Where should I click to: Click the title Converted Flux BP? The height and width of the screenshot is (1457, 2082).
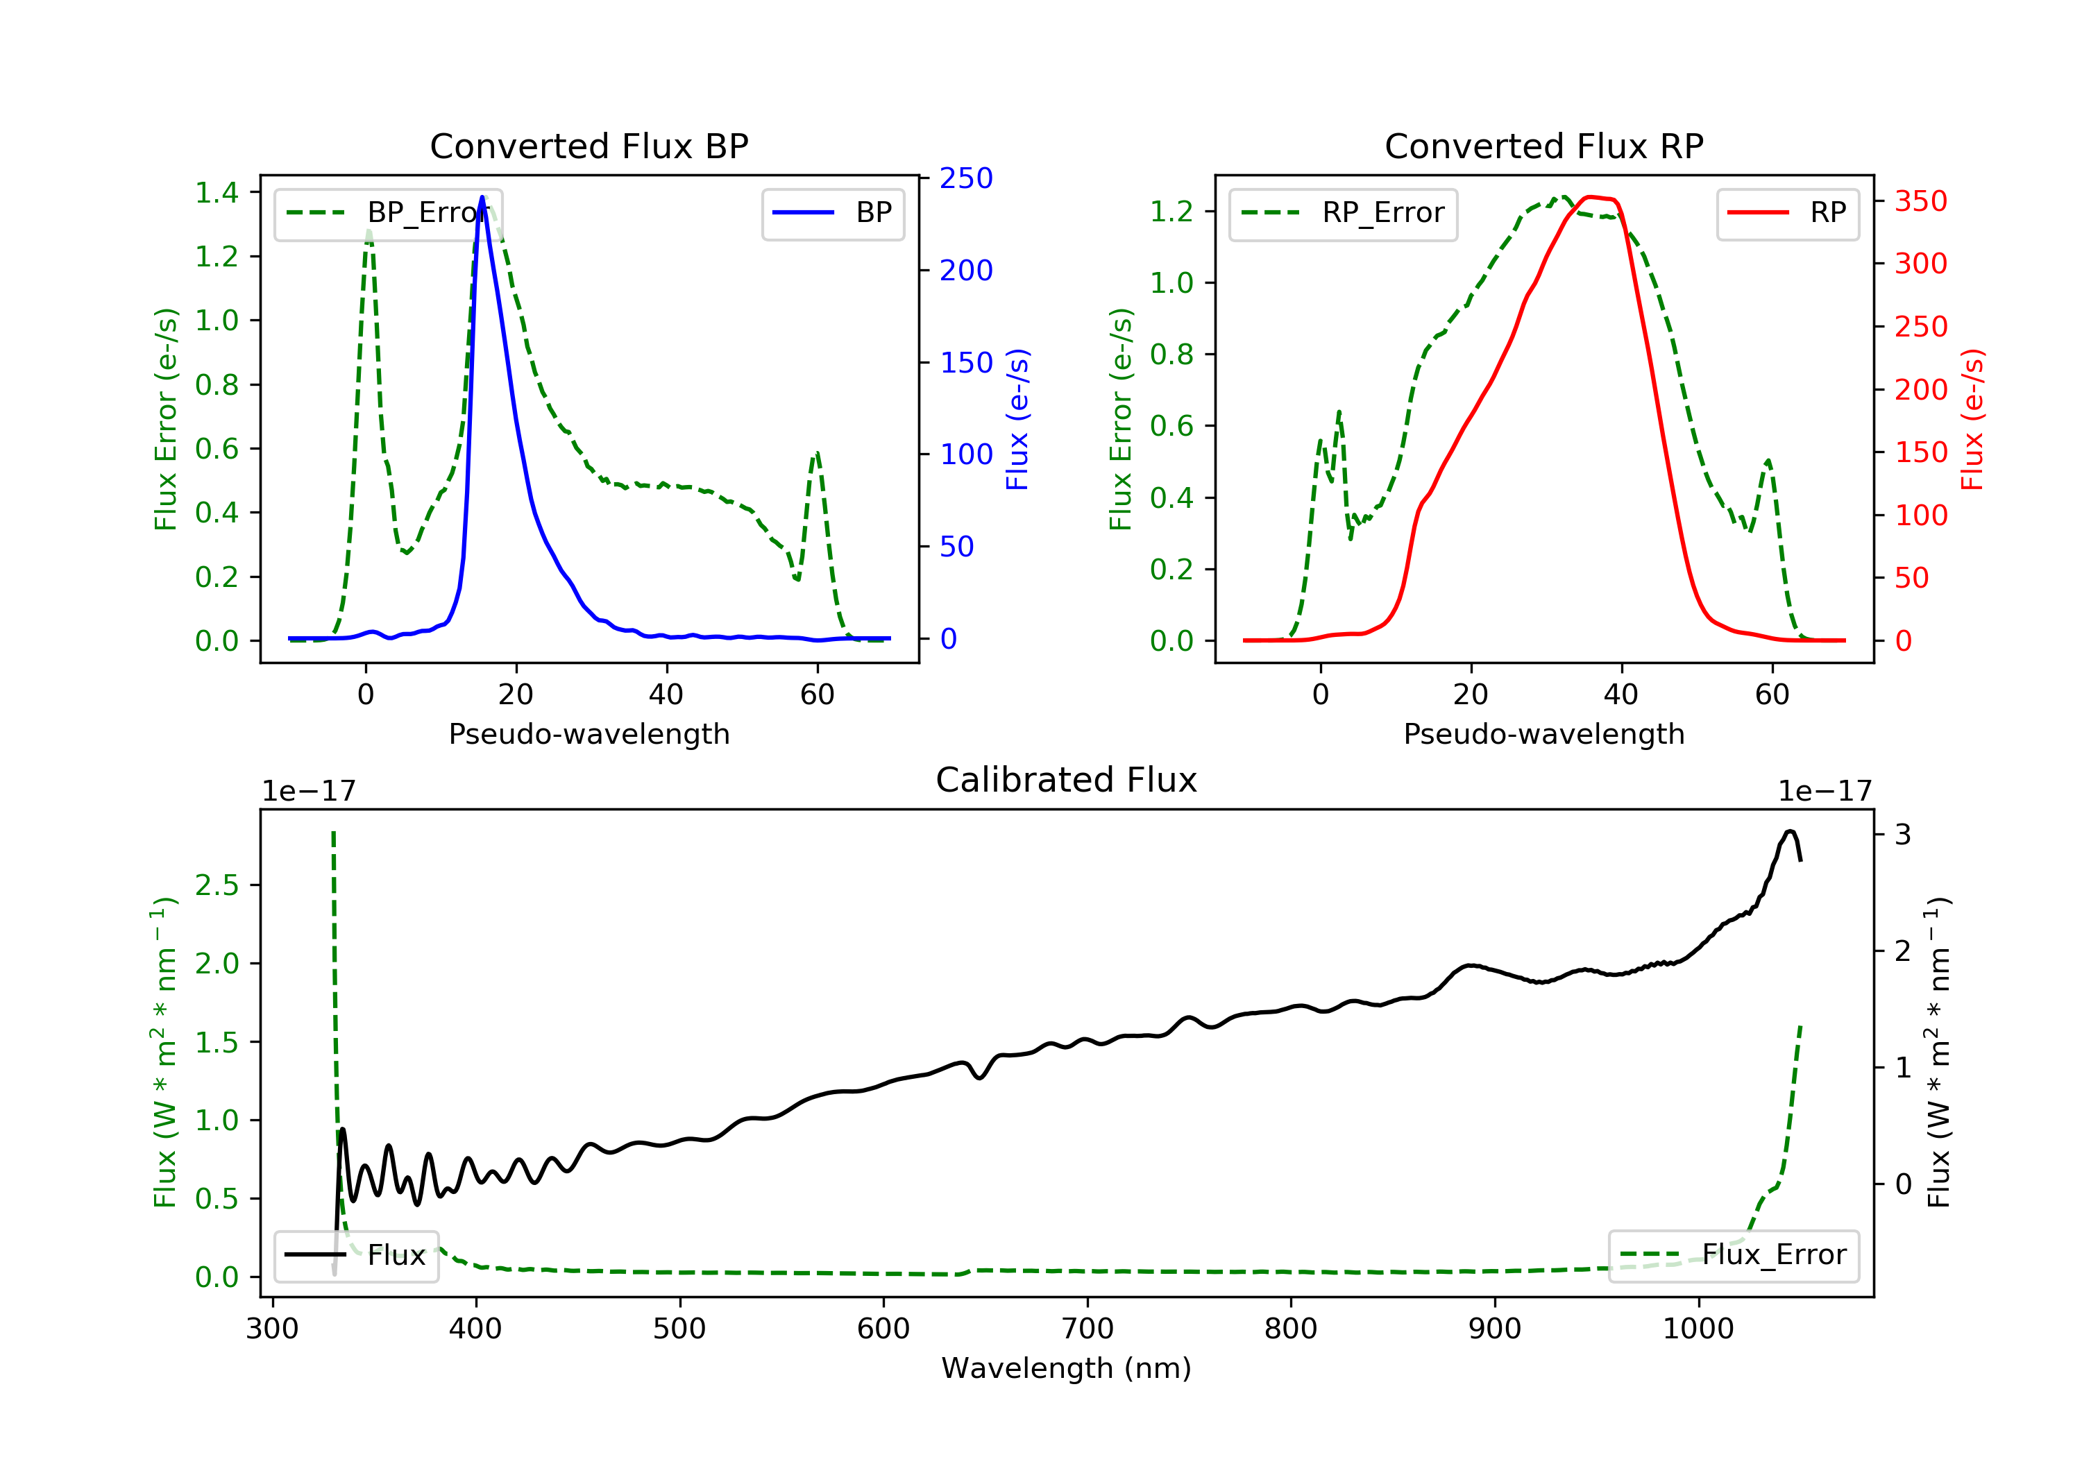[x=589, y=146]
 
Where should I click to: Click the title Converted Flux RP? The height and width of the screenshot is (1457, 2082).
[x=1543, y=146]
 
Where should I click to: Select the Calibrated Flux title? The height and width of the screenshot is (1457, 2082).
[x=1067, y=780]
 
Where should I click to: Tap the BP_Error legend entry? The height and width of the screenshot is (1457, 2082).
[x=388, y=214]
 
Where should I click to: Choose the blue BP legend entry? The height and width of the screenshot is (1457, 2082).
[x=832, y=213]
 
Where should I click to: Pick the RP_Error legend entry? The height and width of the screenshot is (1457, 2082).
[x=1343, y=214]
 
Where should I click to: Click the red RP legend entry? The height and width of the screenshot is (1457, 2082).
[x=1787, y=213]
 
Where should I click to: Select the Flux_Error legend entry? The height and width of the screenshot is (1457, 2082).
[x=1733, y=1255]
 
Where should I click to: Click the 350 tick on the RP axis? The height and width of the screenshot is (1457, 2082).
[x=1920, y=201]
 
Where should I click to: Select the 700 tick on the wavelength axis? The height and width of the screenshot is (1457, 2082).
[x=1087, y=1329]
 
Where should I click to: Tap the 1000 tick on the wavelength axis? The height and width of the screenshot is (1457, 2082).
[x=1698, y=1329]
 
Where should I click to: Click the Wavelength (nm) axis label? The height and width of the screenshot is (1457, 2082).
[x=1067, y=1368]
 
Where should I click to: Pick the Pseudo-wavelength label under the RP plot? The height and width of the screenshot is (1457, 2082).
[x=1543, y=733]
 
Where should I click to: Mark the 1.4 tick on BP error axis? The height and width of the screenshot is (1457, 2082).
[x=217, y=192]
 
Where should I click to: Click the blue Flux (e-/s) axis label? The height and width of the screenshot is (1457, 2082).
[x=1017, y=419]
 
